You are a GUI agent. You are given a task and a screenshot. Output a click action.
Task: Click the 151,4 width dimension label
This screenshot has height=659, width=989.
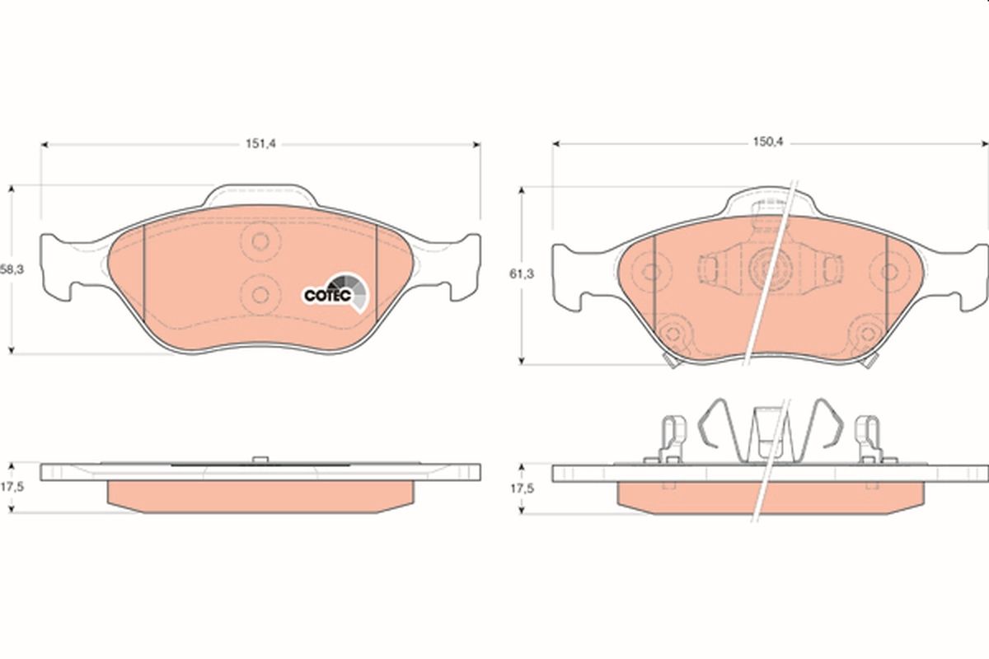click(x=260, y=143)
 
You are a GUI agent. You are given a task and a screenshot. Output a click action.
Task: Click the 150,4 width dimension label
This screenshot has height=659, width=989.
click(x=768, y=143)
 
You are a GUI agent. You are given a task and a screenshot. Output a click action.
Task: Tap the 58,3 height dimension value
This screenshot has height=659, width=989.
click(x=12, y=269)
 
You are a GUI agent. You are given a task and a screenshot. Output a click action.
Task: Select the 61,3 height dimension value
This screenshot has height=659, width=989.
click(x=522, y=274)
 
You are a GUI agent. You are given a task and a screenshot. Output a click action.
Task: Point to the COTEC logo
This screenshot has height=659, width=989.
click(x=335, y=292)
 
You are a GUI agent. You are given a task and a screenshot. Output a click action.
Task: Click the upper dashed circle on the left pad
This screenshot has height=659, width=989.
click(x=260, y=241)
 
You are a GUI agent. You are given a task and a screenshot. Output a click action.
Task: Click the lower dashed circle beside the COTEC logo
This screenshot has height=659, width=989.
click(x=260, y=295)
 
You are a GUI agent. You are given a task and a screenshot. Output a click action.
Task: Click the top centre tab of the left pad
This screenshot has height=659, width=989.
click(x=260, y=195)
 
